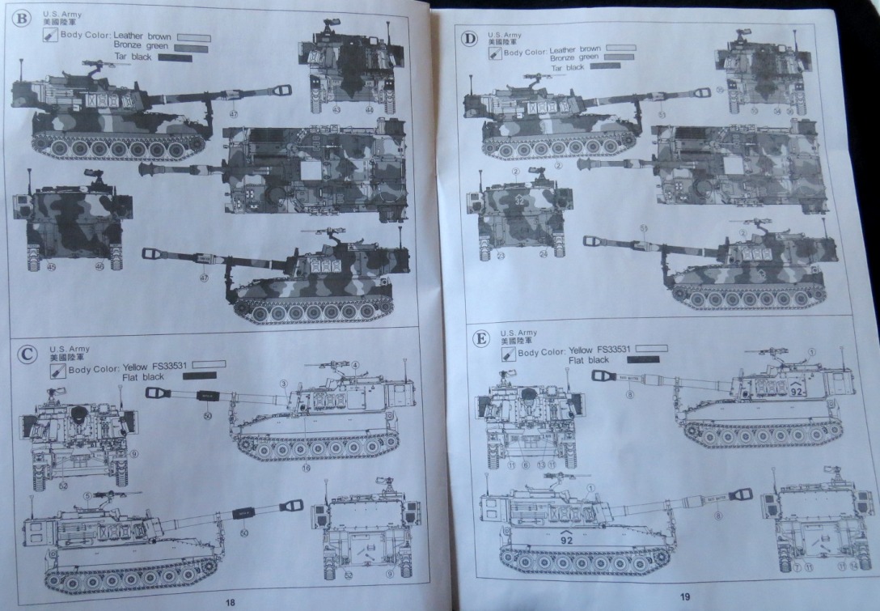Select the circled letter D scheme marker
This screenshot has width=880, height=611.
pos(468,39)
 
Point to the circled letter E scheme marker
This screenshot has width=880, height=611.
pos(480,338)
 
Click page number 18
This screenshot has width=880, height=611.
pos(230,601)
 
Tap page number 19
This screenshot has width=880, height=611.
pos(685,596)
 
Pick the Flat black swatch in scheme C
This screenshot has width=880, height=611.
pos(200,376)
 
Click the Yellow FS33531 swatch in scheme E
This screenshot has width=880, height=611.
pos(645,349)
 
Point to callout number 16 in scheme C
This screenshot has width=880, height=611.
pos(307,467)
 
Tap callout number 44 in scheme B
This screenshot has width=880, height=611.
pos(369,108)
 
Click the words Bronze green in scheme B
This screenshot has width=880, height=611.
pos(141,47)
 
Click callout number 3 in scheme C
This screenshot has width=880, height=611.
pos(284,382)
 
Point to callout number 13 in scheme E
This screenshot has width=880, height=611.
pos(541,465)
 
